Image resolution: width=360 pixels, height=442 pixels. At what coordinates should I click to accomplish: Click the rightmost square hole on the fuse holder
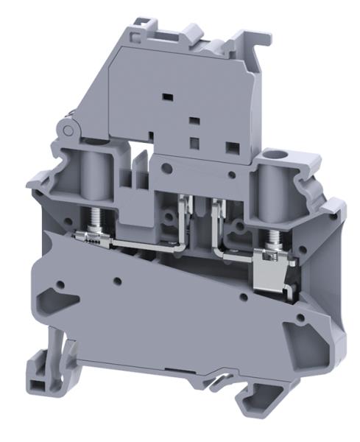(232, 146)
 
